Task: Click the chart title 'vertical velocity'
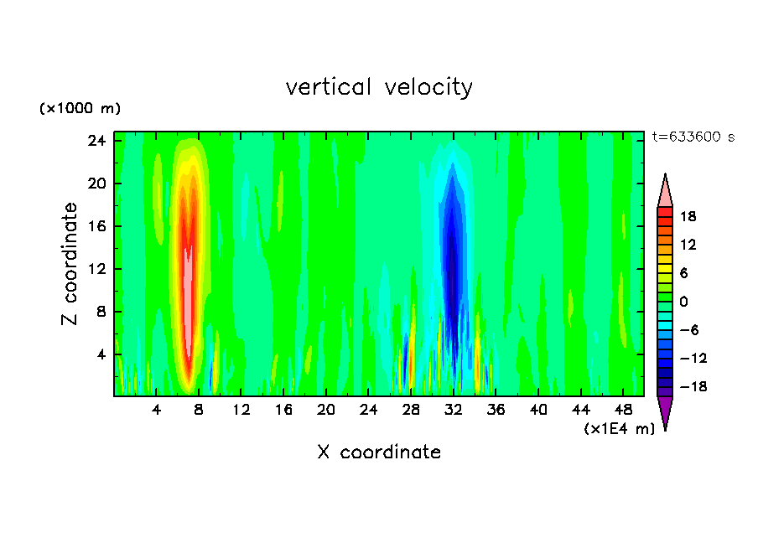379,87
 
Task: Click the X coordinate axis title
379,452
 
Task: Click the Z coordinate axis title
71,264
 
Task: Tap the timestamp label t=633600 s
693,137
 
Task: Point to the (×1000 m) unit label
80,109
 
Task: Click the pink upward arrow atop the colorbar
665,190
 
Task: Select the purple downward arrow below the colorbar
665,412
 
